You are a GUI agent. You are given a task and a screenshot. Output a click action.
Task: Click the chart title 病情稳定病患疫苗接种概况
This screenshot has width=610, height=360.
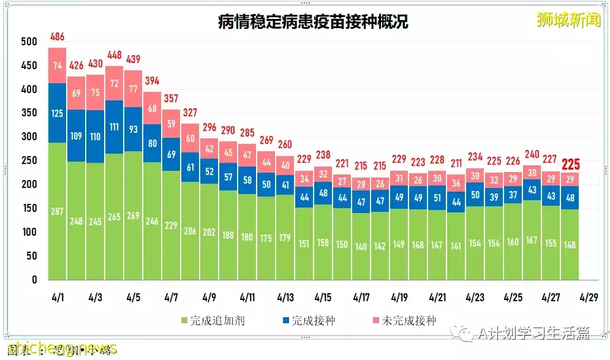(313, 23)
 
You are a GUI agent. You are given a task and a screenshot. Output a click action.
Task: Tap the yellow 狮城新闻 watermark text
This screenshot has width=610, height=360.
(568, 20)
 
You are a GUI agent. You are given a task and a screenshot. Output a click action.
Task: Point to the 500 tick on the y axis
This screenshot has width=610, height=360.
(29, 42)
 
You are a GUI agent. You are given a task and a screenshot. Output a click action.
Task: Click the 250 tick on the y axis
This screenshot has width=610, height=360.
(29, 160)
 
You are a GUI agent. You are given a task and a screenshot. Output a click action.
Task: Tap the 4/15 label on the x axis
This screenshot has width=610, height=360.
(323, 298)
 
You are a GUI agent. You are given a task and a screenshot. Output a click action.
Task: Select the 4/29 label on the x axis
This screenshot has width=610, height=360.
(589, 298)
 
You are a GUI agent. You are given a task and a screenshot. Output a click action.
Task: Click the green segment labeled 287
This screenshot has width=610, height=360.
(57, 211)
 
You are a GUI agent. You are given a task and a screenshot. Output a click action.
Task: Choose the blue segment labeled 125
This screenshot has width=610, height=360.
(57, 113)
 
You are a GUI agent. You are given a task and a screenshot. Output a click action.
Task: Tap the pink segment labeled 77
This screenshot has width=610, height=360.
(134, 88)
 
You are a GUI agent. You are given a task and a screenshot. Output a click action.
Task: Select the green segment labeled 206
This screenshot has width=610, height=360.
(190, 231)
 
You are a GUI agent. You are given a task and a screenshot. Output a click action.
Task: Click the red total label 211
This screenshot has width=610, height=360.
(456, 163)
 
